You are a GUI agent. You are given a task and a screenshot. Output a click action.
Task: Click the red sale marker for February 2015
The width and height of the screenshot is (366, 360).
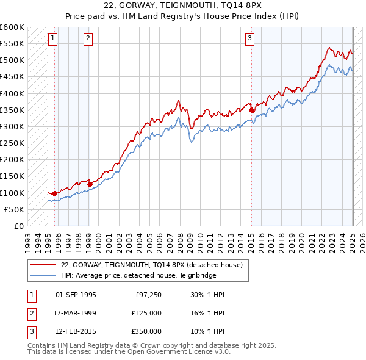[x=251, y=110]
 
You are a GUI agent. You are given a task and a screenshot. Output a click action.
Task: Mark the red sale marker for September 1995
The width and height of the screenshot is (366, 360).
[x=54, y=193]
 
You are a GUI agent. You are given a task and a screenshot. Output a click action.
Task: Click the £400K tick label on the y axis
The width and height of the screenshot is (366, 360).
[x=12, y=93]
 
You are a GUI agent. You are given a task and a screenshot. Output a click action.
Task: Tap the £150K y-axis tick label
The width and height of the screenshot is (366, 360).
[x=12, y=176]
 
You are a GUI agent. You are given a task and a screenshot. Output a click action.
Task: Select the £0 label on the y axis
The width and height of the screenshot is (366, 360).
[x=18, y=226]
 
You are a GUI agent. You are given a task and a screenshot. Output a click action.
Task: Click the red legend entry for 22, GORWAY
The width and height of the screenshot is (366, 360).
[x=152, y=265]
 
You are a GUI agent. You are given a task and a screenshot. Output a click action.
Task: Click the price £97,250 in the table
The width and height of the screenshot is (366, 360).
[x=148, y=295]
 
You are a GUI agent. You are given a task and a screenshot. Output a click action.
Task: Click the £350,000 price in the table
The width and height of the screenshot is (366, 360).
[x=146, y=331]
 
